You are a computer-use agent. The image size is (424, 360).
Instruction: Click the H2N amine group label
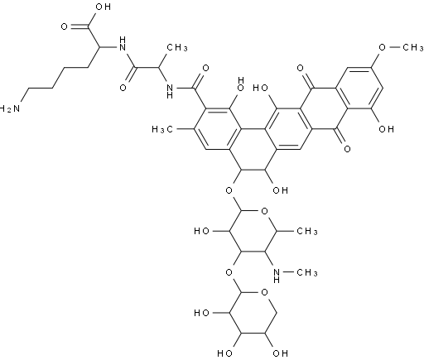click(x=10, y=108)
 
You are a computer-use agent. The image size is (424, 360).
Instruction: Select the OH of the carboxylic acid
click(x=103, y=7)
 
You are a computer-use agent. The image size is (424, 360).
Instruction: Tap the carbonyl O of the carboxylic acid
click(x=64, y=27)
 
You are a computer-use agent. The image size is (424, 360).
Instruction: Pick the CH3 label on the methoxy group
click(x=413, y=48)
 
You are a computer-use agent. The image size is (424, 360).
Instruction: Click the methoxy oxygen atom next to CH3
click(x=382, y=48)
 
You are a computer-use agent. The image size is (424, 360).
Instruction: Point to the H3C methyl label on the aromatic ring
click(x=162, y=129)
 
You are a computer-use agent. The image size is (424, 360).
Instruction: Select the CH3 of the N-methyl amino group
click(x=307, y=272)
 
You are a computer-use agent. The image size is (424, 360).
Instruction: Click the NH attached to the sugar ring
click(x=277, y=276)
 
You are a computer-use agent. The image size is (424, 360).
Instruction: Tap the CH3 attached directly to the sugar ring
click(x=307, y=231)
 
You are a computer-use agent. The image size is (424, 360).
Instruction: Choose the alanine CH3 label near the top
click(x=177, y=48)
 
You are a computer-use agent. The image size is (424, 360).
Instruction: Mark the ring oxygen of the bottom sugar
click(x=264, y=292)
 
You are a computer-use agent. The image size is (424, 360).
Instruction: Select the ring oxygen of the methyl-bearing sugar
click(x=264, y=212)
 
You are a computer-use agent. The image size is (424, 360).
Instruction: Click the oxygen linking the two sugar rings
click(x=229, y=272)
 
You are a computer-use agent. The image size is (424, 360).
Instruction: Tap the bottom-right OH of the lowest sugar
click(x=280, y=353)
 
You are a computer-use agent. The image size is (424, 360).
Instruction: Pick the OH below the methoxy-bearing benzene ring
click(x=386, y=129)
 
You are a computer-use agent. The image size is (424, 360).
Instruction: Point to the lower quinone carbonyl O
click(x=347, y=149)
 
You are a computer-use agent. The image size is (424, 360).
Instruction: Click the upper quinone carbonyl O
click(x=301, y=68)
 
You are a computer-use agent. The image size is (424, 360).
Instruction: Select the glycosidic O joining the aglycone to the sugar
click(x=229, y=190)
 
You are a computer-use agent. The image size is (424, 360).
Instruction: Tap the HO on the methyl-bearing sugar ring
click(x=202, y=231)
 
